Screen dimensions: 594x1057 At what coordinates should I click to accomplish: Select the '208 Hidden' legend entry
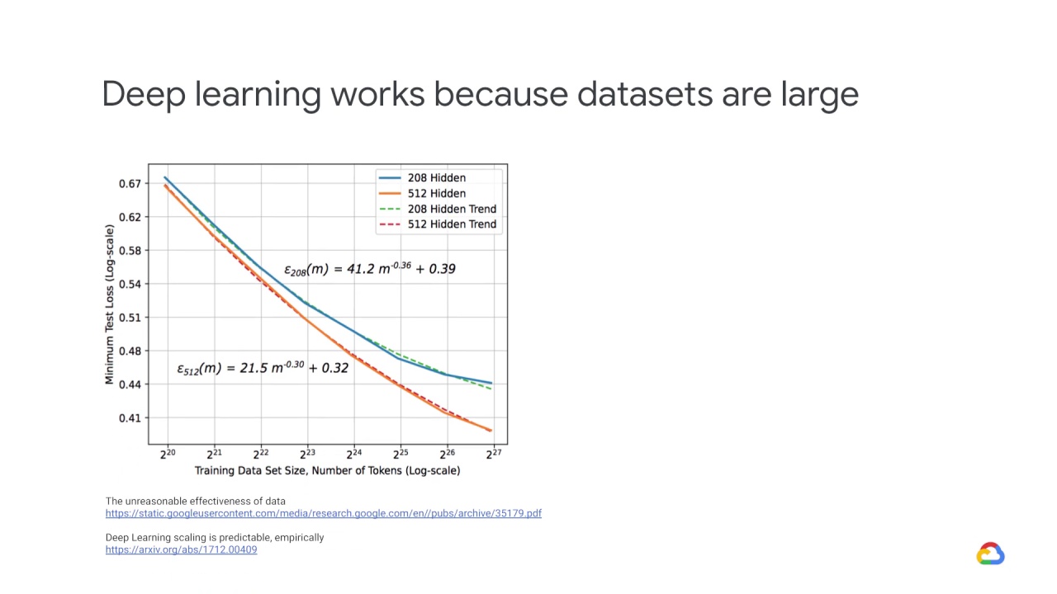(x=436, y=177)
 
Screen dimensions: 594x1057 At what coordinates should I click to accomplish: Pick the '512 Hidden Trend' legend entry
(x=451, y=224)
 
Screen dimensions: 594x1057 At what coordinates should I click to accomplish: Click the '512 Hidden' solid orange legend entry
(x=436, y=193)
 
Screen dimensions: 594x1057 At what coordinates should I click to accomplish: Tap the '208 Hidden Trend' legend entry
(x=451, y=209)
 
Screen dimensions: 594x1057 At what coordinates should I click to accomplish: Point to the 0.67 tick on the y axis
(x=130, y=183)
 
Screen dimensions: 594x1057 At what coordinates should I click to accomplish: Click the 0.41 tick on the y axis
(x=130, y=417)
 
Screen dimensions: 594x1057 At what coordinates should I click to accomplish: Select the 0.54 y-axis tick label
(x=130, y=284)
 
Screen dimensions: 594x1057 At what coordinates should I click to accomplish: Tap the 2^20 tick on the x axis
(x=168, y=454)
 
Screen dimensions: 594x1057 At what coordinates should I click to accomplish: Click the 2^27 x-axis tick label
(x=493, y=454)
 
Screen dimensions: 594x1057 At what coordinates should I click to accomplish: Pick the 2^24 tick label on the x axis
(x=353, y=454)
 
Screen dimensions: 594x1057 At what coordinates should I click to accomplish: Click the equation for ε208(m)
(x=369, y=268)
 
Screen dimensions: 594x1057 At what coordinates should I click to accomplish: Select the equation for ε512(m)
(x=263, y=368)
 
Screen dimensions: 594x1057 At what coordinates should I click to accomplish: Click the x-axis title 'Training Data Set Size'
(x=327, y=470)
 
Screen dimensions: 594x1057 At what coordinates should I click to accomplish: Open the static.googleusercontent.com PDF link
(x=323, y=513)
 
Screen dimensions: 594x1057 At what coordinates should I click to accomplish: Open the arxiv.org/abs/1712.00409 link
(x=181, y=549)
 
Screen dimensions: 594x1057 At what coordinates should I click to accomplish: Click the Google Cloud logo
(x=990, y=554)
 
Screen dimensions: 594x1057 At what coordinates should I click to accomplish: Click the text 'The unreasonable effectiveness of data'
(x=195, y=501)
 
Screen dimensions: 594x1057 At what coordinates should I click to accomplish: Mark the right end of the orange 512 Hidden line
(x=491, y=430)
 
